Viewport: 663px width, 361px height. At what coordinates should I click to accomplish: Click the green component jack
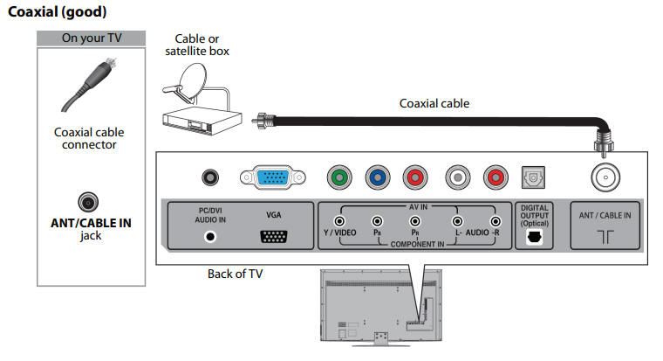tap(340, 178)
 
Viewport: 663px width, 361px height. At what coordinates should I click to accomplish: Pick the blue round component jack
tap(377, 178)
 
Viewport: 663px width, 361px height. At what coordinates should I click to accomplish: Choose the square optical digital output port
tap(531, 177)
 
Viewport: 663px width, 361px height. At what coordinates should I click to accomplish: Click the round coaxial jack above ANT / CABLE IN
tap(604, 178)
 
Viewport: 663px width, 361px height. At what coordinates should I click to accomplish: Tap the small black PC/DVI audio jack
tap(209, 178)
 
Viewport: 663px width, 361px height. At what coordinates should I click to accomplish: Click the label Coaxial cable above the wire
tap(434, 103)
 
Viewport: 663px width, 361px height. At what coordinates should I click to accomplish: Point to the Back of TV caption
tap(235, 274)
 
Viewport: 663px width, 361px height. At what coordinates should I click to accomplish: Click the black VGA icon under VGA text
tap(276, 235)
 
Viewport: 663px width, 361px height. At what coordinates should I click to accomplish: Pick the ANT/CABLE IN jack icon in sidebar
tap(88, 202)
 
